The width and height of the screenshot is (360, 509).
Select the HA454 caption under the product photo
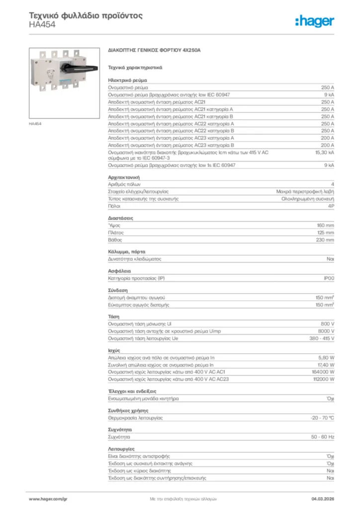pyautogui.click(x=35, y=124)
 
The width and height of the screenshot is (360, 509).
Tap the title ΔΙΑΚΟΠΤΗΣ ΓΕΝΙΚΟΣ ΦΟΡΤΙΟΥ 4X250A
pyautogui.click(x=154, y=51)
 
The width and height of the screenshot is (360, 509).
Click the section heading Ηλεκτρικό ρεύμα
pyautogui.click(x=127, y=80)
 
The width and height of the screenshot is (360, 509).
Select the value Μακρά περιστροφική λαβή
pyautogui.click(x=305, y=191)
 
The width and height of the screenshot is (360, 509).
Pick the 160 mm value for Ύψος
pyautogui.click(x=326, y=225)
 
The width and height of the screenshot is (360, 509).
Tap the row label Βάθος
pyautogui.click(x=115, y=240)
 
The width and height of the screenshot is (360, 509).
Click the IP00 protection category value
pyautogui.click(x=329, y=278)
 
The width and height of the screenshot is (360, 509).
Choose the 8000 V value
pyautogui.click(x=326, y=331)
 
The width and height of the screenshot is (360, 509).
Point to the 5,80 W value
pyautogui.click(x=326, y=358)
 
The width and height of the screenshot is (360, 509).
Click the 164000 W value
pyautogui.click(x=323, y=372)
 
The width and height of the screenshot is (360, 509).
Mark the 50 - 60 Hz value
pyautogui.click(x=323, y=437)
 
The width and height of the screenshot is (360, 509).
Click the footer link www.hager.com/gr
pyautogui.click(x=48, y=498)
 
